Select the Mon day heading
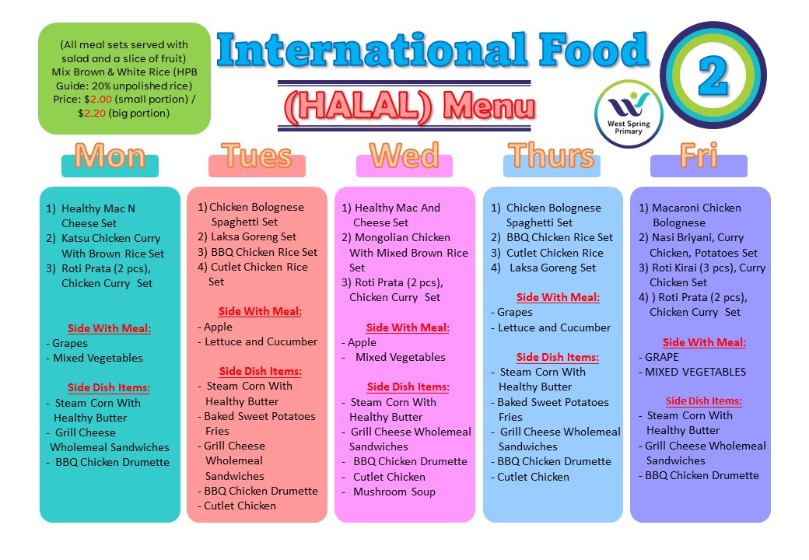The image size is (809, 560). coord(110,157)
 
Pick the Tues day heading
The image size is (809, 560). coord(257,156)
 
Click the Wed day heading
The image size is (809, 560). coord(404,156)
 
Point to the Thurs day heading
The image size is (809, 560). coord(552,156)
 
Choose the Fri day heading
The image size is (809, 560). coord(699,156)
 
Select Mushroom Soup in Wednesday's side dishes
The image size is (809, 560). coord(394,492)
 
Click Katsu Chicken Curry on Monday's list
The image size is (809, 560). coord(110,238)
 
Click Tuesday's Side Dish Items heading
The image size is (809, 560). coord(260,371)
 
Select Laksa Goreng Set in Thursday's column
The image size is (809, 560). coord(552,268)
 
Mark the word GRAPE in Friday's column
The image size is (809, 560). coord(661,357)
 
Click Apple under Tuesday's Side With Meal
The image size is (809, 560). coord(218,327)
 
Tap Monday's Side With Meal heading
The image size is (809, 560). coord(109,328)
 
